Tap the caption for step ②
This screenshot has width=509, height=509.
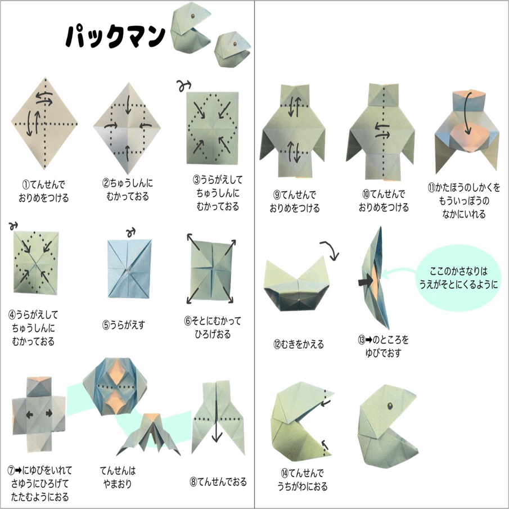tap(127, 190)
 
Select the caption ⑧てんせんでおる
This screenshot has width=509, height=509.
tap(219, 482)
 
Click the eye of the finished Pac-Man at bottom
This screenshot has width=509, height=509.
tap(389, 405)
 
